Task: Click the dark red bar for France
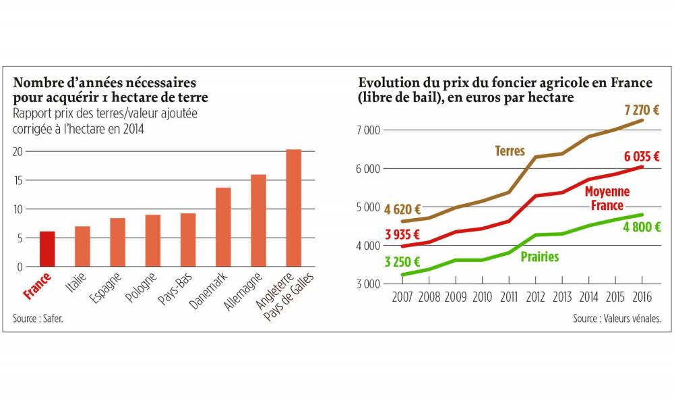tap(47, 249)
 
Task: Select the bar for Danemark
tap(223, 227)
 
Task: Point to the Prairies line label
tap(539, 257)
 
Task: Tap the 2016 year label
tap(642, 297)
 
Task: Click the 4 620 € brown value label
tap(402, 209)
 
